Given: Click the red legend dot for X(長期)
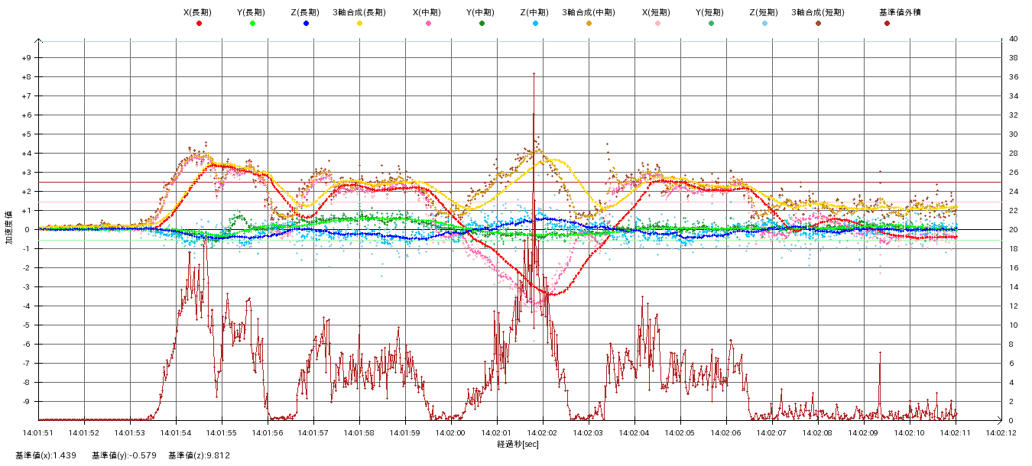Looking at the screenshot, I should click(x=199, y=24).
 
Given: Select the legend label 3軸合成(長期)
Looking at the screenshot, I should click(x=359, y=12).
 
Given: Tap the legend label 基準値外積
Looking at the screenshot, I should click(x=900, y=12).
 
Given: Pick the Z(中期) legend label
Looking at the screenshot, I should click(x=535, y=12).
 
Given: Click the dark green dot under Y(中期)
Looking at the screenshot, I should click(x=482, y=24).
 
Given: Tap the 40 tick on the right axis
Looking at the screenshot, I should click(x=1013, y=39).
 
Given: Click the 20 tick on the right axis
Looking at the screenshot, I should click(x=1013, y=230).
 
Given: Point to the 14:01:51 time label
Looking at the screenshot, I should click(x=38, y=432).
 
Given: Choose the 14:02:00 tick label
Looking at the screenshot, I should click(x=451, y=432).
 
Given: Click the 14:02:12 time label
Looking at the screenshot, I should click(x=1001, y=432).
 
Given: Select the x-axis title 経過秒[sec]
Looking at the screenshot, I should click(x=518, y=444).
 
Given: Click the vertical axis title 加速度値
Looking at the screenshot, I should click(x=10, y=228).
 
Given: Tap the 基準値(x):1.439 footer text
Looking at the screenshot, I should click(x=47, y=455).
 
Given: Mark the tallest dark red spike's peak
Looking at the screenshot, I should click(x=534, y=73).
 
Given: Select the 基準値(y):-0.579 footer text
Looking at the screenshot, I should click(x=124, y=455).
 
